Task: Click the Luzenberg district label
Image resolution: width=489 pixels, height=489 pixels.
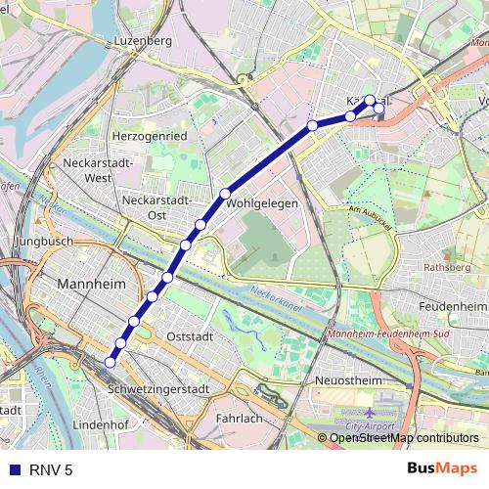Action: (143, 42)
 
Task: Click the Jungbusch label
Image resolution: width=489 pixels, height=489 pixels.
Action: (46, 241)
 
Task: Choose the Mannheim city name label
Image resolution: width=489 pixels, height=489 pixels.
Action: (94, 284)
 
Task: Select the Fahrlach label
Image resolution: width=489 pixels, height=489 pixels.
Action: (239, 418)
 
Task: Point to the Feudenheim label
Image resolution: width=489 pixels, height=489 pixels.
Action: (453, 306)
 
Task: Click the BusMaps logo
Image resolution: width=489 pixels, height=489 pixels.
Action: (441, 469)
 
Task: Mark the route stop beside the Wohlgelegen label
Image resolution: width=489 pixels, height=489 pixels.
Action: (225, 193)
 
